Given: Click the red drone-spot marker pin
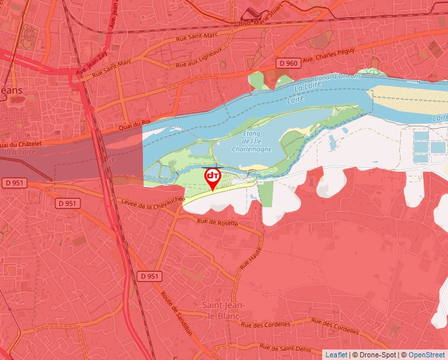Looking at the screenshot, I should tap(213, 178).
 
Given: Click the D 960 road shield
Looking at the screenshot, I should tap(288, 63).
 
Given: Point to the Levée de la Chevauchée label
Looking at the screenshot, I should tap(150, 205).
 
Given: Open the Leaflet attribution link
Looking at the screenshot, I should tap(336, 355).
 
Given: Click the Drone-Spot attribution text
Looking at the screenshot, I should tap(376, 355).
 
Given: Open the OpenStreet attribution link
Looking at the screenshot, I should tap(426, 355).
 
